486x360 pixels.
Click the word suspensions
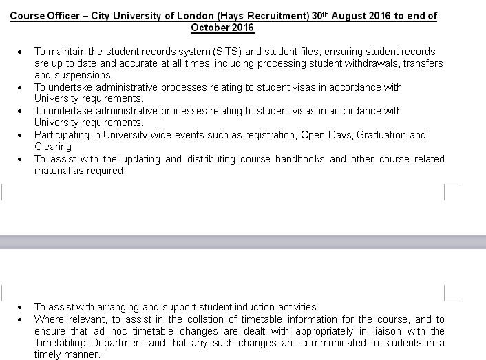(85, 75)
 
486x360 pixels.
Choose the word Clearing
(53, 147)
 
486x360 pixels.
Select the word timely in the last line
(50, 355)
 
